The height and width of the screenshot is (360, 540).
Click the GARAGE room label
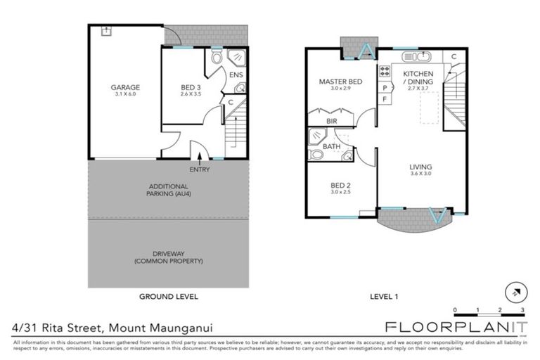pos(124,88)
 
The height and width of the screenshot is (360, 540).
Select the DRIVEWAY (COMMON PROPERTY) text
pos(168,257)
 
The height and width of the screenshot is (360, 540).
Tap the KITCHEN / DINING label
pos(418,77)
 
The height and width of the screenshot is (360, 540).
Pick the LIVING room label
pos(421,167)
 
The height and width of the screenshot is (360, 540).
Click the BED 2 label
pos(340,186)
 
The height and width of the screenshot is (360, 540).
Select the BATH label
pos(331,146)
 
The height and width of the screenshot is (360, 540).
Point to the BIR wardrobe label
pos(331,121)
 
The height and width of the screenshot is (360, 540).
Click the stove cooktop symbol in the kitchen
pos(385,70)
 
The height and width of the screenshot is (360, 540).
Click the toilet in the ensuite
pos(217,56)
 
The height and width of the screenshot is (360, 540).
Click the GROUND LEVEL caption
pos(168,297)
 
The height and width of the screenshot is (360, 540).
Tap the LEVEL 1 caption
pos(384,297)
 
